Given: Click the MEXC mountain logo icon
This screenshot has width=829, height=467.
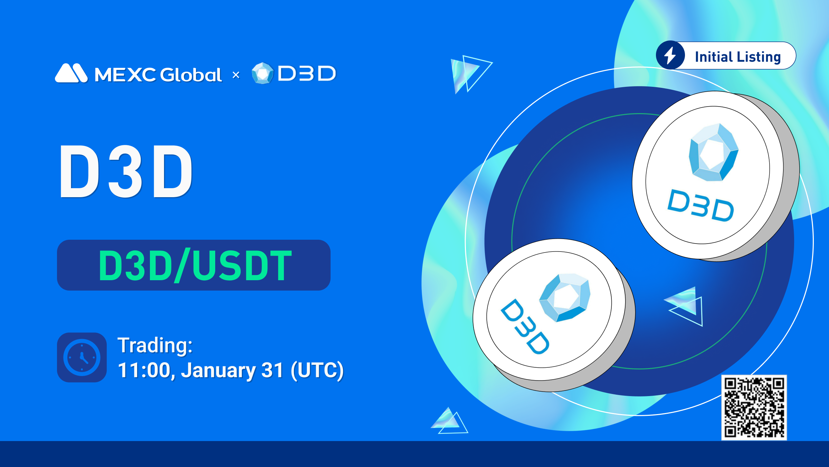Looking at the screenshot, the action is click(71, 73).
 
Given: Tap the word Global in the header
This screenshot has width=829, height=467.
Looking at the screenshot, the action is click(191, 74).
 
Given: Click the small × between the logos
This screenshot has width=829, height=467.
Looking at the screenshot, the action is click(236, 75).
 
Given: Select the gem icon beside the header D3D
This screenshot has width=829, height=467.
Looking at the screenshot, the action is click(263, 73).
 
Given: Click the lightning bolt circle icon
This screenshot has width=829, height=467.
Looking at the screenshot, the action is click(670, 55).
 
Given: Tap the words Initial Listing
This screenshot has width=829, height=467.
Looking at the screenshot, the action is click(738, 57).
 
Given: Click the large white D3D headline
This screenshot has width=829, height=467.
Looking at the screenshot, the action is click(126, 171).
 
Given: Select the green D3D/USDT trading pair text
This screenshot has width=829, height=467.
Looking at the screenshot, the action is click(195, 265).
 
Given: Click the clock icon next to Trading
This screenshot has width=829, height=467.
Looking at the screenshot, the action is click(82, 357).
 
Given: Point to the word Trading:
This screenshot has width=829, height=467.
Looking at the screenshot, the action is click(155, 345).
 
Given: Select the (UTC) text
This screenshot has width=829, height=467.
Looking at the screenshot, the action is click(317, 370).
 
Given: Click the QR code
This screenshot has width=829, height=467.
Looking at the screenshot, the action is click(754, 408).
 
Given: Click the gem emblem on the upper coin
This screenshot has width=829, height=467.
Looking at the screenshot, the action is click(713, 152).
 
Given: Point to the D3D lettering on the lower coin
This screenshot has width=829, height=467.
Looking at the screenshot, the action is click(525, 327).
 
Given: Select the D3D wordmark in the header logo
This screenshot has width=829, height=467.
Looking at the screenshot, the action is click(307, 73).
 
